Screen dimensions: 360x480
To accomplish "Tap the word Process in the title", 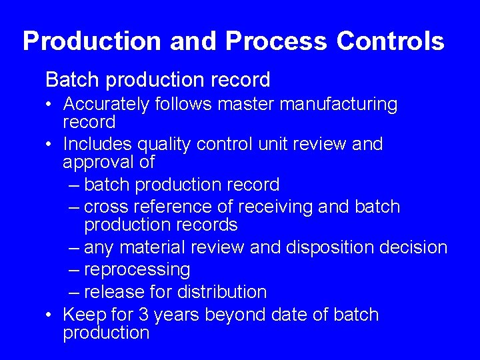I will tap(277, 41).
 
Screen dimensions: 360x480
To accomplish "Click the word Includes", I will tap(99, 144).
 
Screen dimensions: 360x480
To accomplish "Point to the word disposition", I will tap(329, 247).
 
